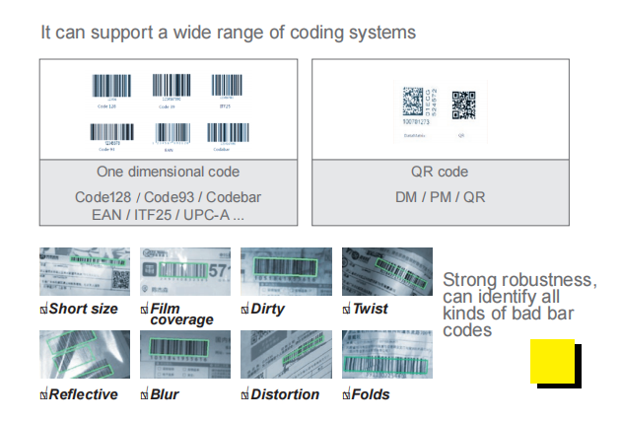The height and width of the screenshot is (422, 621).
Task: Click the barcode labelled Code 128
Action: tap(110, 87)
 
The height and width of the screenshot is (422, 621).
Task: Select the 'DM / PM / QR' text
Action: tap(440, 197)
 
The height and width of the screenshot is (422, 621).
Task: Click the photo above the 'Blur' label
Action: tap(184, 355)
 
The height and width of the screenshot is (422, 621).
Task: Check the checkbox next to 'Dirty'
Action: tap(244, 310)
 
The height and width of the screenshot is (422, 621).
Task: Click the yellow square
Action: tap(552, 361)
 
